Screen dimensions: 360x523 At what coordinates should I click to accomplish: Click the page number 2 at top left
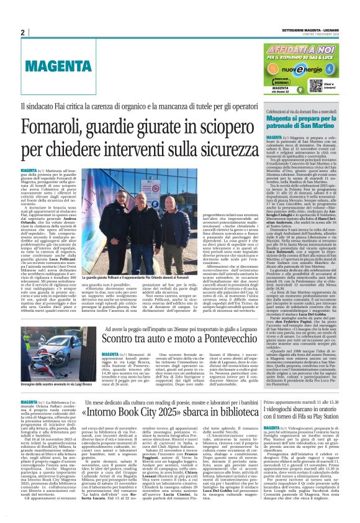coord(22,32)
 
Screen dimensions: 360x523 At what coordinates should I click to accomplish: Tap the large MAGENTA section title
coord(53,65)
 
